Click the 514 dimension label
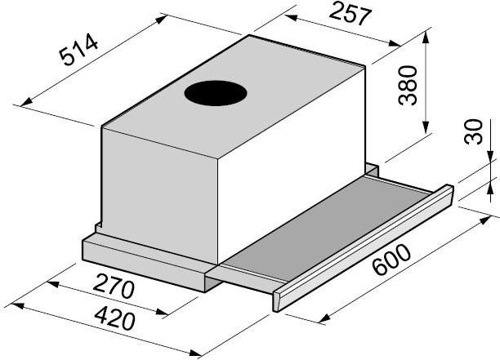click(x=78, y=49)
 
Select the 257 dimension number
click(x=350, y=13)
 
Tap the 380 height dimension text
click(x=408, y=86)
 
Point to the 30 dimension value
click(x=474, y=131)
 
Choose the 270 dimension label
click(x=114, y=286)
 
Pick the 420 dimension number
click(x=115, y=318)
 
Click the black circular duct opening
click(x=216, y=93)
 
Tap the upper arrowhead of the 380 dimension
click(x=426, y=38)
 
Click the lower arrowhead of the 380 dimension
click(x=426, y=127)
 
